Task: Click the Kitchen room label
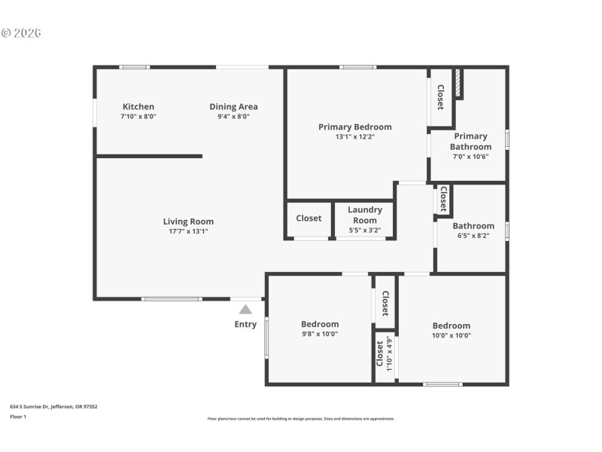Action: click(x=138, y=107)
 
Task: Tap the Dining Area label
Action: click(x=233, y=107)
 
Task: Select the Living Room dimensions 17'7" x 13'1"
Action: click(x=188, y=231)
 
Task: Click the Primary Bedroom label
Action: click(x=354, y=127)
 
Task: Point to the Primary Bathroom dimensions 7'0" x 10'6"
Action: click(x=471, y=157)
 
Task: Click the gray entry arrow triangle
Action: click(x=245, y=309)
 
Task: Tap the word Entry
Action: click(x=245, y=325)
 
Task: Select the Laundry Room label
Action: click(x=365, y=215)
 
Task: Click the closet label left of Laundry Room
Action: click(x=309, y=218)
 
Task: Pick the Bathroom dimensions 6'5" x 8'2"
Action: click(x=473, y=236)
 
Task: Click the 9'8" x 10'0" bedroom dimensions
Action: click(x=320, y=334)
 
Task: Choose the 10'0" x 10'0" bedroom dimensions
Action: click(x=451, y=336)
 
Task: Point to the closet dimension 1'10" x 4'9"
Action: click(x=389, y=352)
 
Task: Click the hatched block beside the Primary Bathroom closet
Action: click(x=458, y=84)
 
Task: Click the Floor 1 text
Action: click(x=18, y=417)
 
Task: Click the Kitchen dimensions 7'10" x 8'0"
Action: click(x=138, y=117)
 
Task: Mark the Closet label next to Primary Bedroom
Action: click(x=440, y=97)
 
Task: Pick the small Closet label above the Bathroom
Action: click(x=443, y=199)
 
